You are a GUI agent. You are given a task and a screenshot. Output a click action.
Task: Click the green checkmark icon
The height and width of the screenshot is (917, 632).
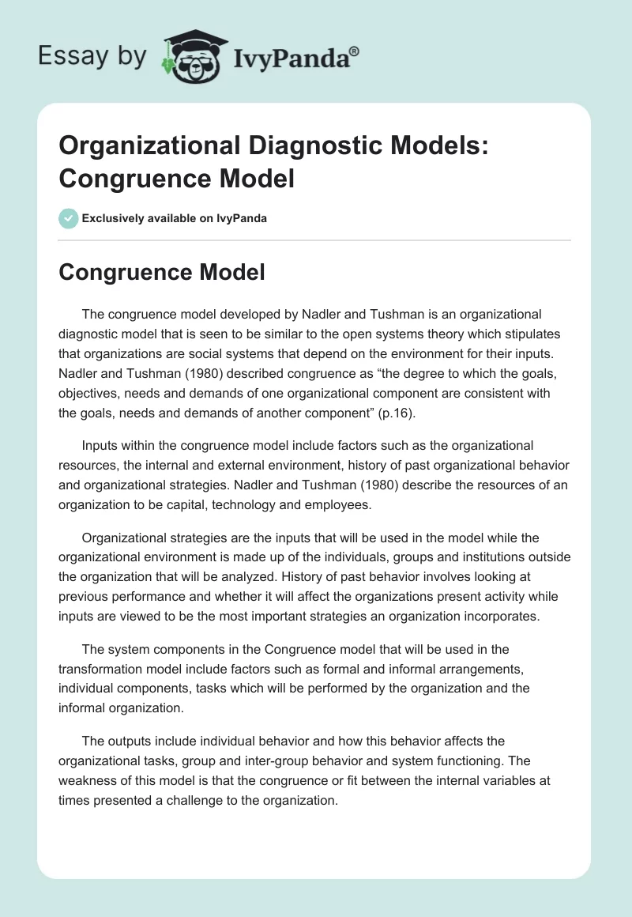[69, 218]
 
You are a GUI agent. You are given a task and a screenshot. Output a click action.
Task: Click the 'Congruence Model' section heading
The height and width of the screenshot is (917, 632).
[162, 273]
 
